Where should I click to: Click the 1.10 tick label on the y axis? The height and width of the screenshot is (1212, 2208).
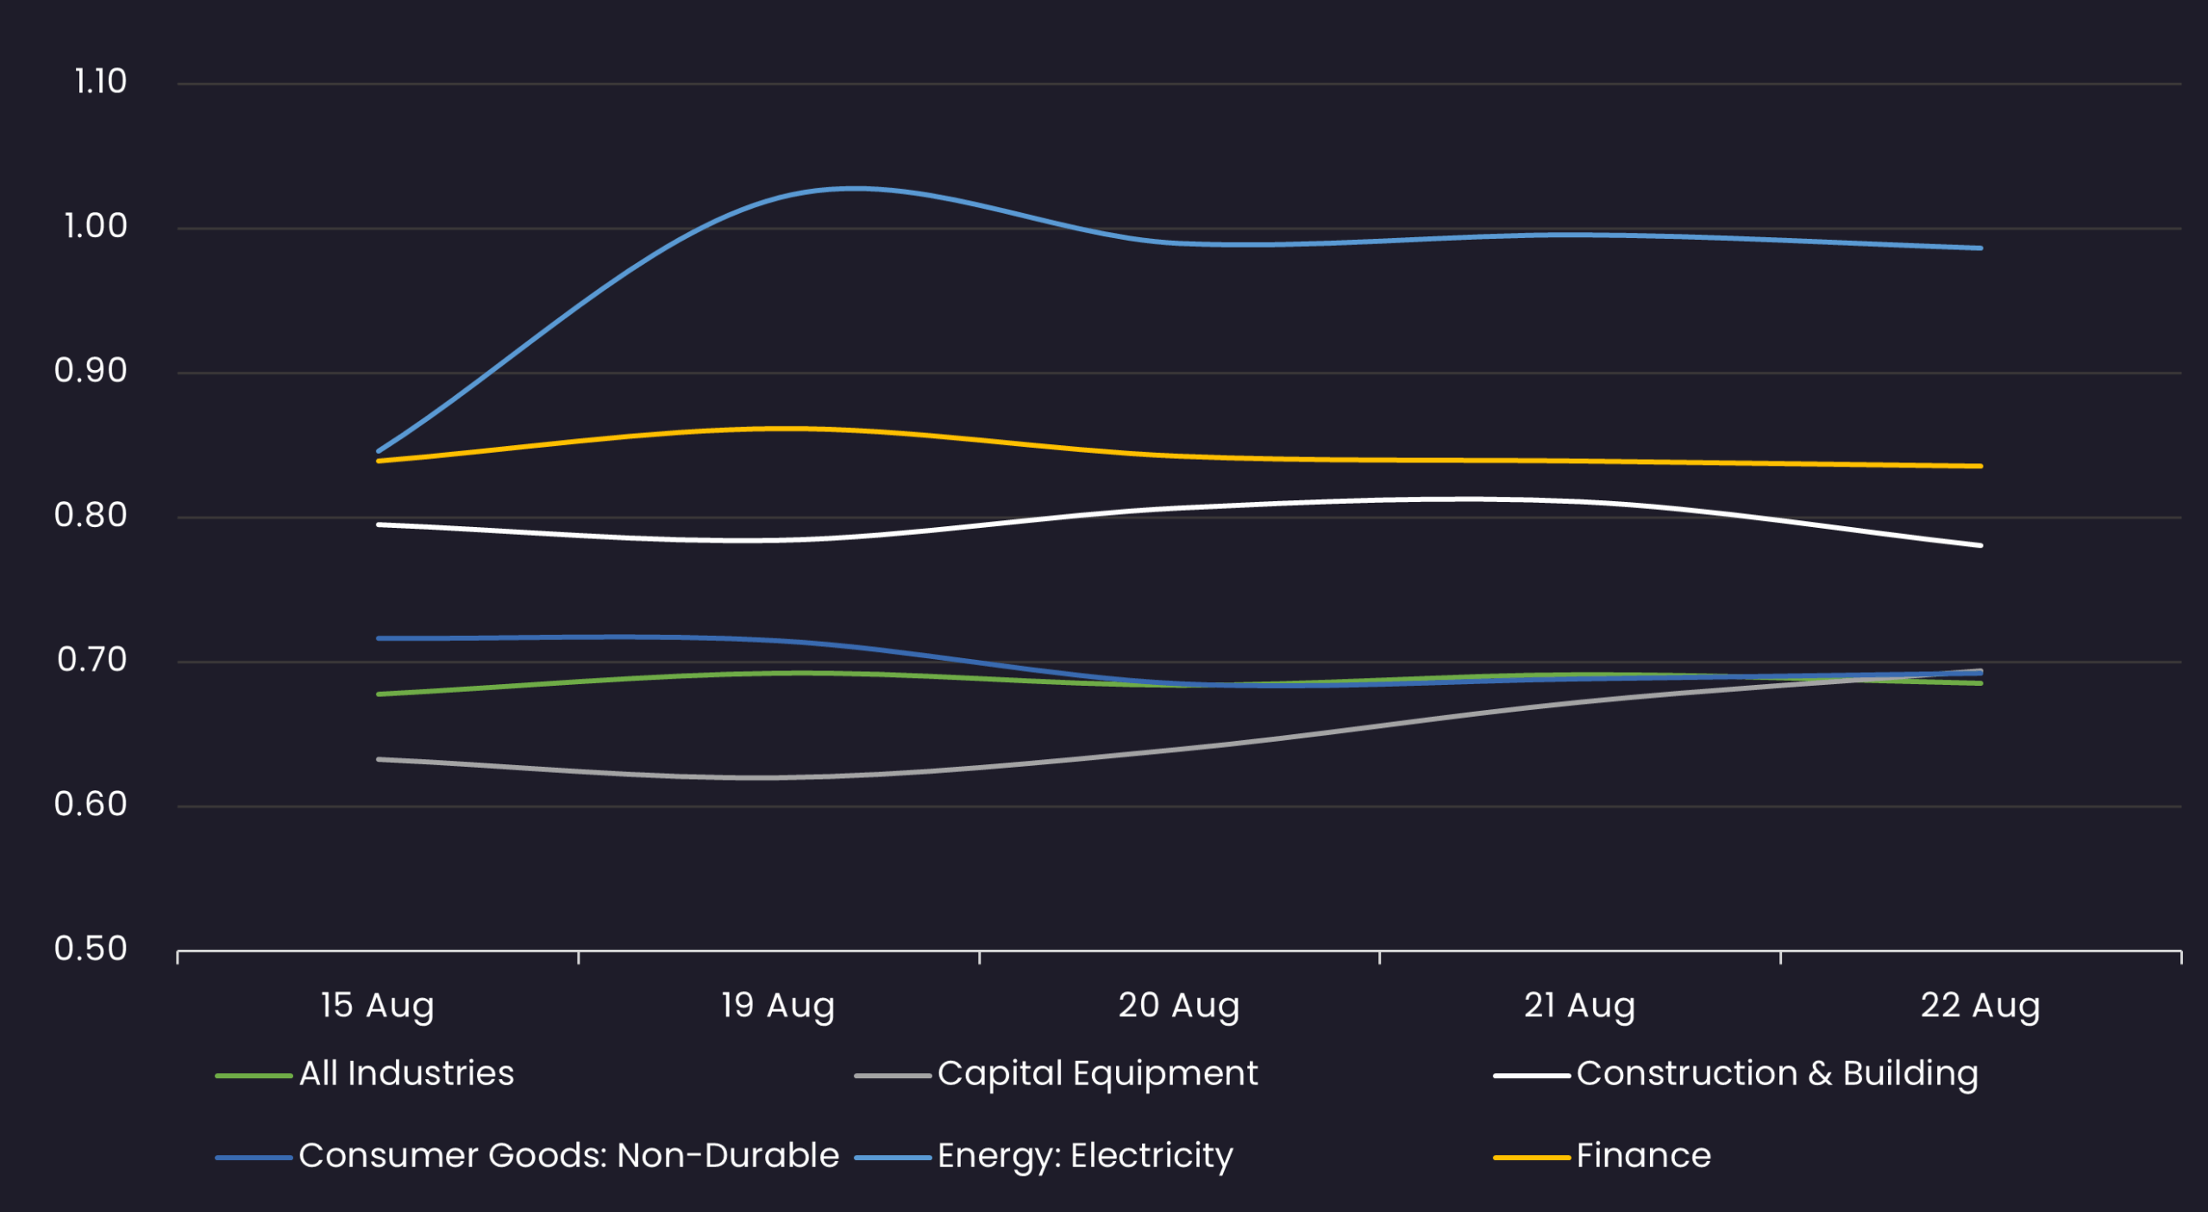[x=100, y=82]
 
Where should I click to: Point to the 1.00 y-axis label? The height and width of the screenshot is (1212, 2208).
[x=95, y=227]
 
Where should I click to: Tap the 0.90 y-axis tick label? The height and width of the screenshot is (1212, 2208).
[x=90, y=371]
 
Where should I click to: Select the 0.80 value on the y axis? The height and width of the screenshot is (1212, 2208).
[x=90, y=516]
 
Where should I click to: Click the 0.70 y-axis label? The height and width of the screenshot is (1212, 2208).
[x=91, y=660]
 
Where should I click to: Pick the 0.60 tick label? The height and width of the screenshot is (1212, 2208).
[x=90, y=805]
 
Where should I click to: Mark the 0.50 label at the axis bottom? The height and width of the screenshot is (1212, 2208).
[x=90, y=949]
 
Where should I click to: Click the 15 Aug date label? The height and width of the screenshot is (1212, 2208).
[x=377, y=1006]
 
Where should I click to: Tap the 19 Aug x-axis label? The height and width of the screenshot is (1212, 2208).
[x=778, y=1006]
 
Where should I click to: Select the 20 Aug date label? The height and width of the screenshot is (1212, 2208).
[x=1178, y=1006]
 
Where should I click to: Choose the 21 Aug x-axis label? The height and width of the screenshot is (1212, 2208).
[x=1579, y=1006]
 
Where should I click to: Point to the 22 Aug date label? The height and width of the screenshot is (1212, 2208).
[x=1980, y=1006]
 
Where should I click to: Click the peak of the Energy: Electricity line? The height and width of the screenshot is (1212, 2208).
[x=854, y=188]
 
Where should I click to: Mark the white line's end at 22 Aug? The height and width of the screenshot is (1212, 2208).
[x=1979, y=545]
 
